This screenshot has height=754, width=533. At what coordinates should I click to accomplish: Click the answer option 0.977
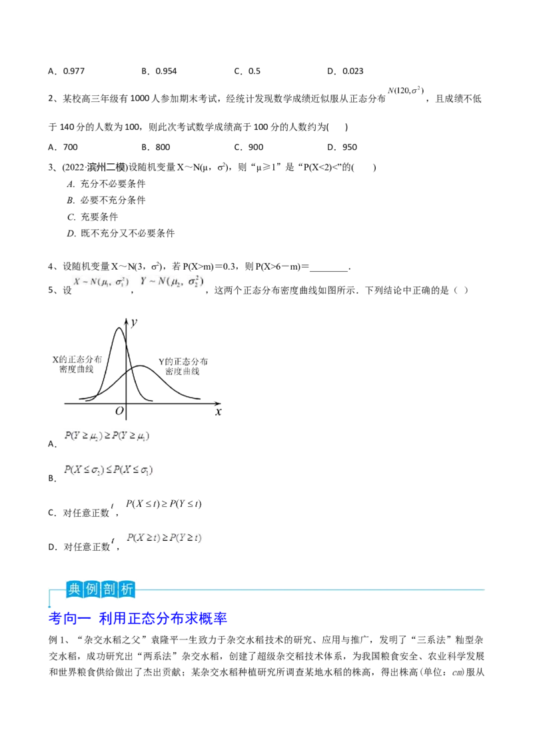73,71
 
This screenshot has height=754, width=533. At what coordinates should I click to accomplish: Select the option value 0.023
352,71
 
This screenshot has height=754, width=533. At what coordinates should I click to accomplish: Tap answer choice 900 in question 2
255,147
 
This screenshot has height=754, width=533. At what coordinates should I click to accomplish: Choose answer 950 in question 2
349,147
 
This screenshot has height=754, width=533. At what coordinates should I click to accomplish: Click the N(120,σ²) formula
406,91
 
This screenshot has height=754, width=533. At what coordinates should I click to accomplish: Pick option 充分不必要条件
113,184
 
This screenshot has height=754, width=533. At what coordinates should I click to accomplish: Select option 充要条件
99,217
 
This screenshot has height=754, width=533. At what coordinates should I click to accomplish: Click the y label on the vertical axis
134,322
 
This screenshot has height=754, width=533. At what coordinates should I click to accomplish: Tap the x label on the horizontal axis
219,412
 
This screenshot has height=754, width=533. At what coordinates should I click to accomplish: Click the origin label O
119,411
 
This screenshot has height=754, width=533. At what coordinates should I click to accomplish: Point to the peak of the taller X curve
119,328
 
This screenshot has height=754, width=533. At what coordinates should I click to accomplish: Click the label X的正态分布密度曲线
77,364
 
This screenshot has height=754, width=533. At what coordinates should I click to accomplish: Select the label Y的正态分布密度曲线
183,366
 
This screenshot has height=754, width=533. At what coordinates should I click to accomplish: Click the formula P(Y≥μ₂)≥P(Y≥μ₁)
107,436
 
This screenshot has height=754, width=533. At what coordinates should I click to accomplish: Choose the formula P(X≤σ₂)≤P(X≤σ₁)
109,470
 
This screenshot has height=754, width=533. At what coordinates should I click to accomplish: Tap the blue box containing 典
74,589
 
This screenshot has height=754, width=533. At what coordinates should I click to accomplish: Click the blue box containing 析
127,589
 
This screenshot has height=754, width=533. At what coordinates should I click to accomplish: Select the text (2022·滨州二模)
95,167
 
